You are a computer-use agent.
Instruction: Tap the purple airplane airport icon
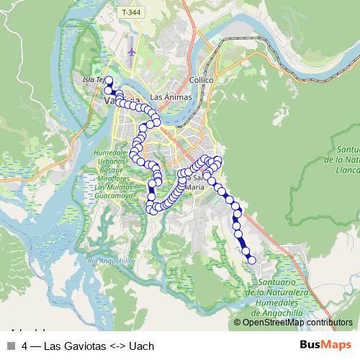pyautogui.click(x=130, y=53)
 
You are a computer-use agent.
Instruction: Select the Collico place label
pyautogui.click(x=200, y=80)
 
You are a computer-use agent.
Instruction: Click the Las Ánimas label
pyautogui.click(x=168, y=96)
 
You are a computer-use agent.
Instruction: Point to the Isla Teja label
pyautogui.click(x=94, y=79)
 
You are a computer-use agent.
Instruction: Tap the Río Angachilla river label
pyautogui.click(x=110, y=261)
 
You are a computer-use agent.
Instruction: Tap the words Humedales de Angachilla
pyautogui.click(x=278, y=305)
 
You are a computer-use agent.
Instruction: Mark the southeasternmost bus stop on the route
pyautogui.click(x=251, y=260)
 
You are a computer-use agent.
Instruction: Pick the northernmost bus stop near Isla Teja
pyautogui.click(x=109, y=81)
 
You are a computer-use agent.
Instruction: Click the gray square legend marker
pyautogui.click(x=11, y=346)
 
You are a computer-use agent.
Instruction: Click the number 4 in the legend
pyautogui.click(x=25, y=346)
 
